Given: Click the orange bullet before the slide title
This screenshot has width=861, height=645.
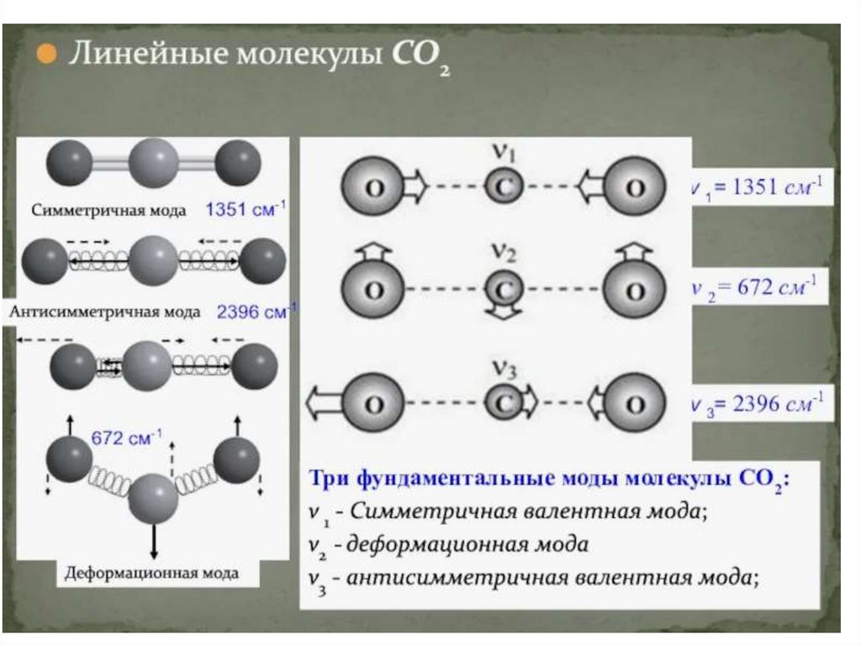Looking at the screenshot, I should coord(46,56).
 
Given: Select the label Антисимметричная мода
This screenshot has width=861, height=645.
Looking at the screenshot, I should coord(106,312).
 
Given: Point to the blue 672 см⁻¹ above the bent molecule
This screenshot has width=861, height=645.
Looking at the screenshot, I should coord(126,439).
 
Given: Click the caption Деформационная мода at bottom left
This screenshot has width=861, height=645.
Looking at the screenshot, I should coord(151,574).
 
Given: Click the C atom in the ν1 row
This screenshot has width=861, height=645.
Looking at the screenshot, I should coord(503,186).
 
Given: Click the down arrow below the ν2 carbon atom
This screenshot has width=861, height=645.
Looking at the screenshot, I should coord(503,314).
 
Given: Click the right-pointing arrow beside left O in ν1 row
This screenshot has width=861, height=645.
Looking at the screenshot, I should coord(414,186).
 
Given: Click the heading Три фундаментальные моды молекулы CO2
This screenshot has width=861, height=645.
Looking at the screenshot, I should coord(551,479).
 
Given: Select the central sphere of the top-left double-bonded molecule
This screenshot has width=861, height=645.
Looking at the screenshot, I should coord(154,162).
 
